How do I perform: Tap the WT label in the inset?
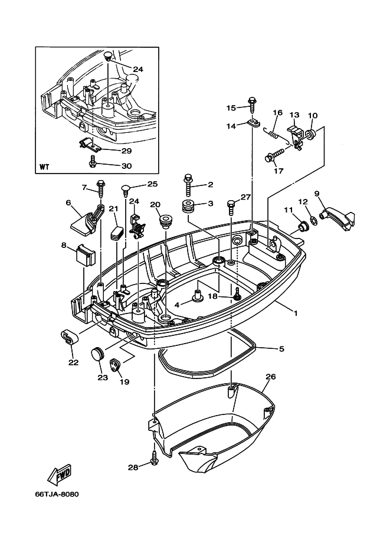tap(44, 166)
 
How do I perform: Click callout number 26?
tap(271, 376)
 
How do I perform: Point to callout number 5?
tap(281, 349)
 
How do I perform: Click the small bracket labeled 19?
tap(116, 367)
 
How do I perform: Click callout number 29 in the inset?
tap(126, 151)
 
